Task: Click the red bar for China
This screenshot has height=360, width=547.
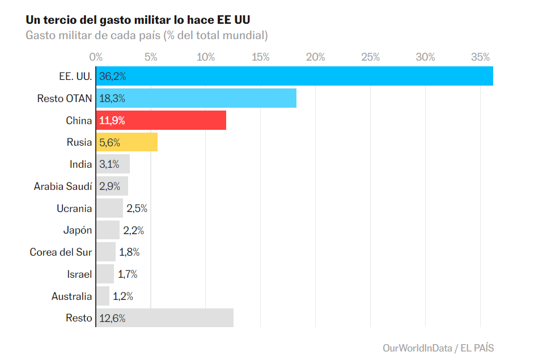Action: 161,120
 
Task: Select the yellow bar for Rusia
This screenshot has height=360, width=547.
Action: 126,142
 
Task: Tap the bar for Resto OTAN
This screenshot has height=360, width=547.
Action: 196,98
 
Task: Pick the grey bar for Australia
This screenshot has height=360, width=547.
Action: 103,296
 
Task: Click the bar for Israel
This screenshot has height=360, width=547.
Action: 105,274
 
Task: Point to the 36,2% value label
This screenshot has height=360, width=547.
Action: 112,77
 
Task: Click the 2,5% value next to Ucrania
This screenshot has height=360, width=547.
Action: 137,209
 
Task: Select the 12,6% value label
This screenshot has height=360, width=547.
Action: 112,318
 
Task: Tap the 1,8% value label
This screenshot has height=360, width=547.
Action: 129,252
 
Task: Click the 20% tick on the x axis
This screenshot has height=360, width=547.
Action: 315,57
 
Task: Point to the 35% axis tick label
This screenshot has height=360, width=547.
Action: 480,57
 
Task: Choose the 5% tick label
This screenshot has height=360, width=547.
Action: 151,57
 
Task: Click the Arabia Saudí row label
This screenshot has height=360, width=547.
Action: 63,186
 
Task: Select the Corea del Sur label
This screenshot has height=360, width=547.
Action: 61,252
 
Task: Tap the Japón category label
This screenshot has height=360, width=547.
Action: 78,231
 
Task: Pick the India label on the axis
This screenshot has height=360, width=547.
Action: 80,164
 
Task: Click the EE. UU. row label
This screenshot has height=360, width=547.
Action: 75,77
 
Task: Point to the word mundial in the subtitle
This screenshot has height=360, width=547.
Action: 245,35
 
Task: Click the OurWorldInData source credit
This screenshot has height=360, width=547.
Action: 417,348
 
